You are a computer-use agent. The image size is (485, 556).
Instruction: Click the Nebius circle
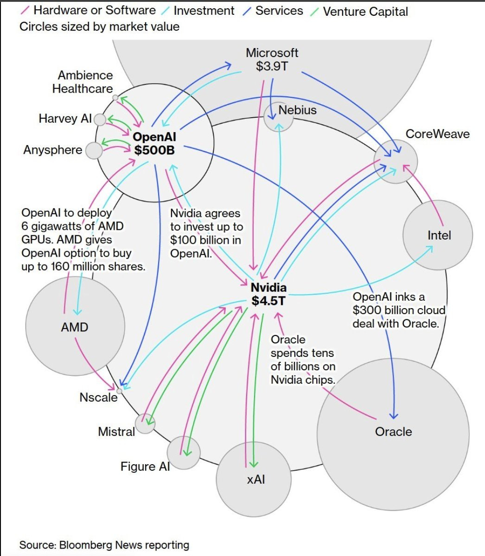279,116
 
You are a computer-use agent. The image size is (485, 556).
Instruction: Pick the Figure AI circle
184,453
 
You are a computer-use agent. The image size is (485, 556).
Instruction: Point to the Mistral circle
145,423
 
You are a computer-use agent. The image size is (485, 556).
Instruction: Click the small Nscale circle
119,391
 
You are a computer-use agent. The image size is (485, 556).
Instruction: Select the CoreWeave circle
396,162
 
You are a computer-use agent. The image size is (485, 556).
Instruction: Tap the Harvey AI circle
100,120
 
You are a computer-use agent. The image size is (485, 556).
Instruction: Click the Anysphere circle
94,151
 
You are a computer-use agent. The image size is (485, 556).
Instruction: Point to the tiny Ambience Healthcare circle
115,98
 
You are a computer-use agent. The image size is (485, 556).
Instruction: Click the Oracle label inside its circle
393,432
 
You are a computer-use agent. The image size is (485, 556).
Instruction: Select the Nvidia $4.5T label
268,294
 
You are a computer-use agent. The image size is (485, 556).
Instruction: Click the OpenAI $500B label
154,143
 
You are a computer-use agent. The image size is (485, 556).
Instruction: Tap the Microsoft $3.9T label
272,59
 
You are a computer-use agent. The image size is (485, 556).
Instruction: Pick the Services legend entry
279,11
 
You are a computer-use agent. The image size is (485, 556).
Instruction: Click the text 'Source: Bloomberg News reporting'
104,545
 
